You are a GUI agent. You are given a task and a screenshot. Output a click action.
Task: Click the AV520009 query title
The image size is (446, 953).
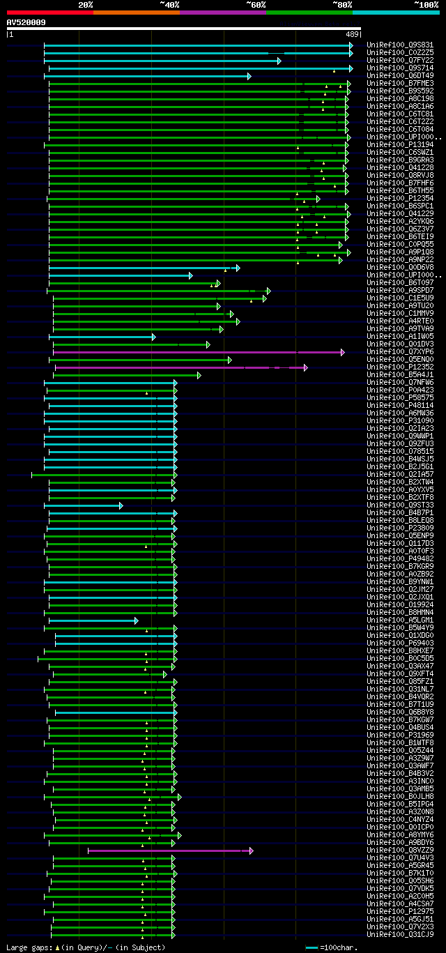pyautogui.click(x=26, y=22)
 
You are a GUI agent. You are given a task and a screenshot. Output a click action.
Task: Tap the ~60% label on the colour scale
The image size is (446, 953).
pyautogui.click(x=256, y=4)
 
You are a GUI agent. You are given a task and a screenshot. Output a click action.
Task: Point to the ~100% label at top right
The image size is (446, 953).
pyautogui.click(x=426, y=4)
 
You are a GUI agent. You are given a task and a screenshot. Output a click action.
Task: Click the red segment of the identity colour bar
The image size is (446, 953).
pyautogui.click(x=49, y=12)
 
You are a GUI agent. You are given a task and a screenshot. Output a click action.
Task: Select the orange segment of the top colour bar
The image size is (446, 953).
pyautogui.click(x=136, y=12)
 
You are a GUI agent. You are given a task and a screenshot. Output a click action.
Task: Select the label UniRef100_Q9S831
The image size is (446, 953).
pyautogui.click(x=400, y=45)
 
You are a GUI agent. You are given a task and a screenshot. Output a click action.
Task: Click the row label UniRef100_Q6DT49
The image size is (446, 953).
pyautogui.click(x=400, y=76)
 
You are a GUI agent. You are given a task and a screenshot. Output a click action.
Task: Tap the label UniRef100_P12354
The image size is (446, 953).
pyautogui.click(x=400, y=199)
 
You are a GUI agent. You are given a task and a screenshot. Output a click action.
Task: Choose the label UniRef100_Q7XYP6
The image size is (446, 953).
pyautogui.click(x=400, y=352)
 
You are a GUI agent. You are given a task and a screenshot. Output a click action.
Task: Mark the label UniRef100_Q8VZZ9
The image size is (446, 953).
pyautogui.click(x=400, y=851)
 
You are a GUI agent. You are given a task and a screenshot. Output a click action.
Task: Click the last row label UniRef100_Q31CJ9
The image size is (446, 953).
pyautogui.click(x=400, y=935)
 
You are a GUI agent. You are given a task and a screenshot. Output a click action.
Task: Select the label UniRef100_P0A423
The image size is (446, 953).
pyautogui.click(x=400, y=390)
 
